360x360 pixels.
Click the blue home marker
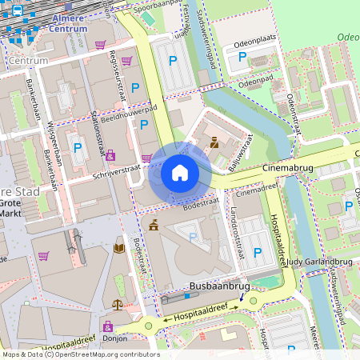tap(180, 172)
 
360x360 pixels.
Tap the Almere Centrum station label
tap(68, 22)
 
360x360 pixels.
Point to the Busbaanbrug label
tap(221, 286)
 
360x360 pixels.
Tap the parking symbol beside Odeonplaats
tap(242, 57)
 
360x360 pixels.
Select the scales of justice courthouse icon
tap(118, 304)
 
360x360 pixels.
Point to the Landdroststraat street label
tap(237, 232)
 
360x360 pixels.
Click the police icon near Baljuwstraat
tap(214, 144)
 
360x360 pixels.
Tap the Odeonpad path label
tap(258, 81)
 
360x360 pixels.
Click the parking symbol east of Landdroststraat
tap(258, 253)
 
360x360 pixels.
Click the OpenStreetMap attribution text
tap(80, 354)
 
